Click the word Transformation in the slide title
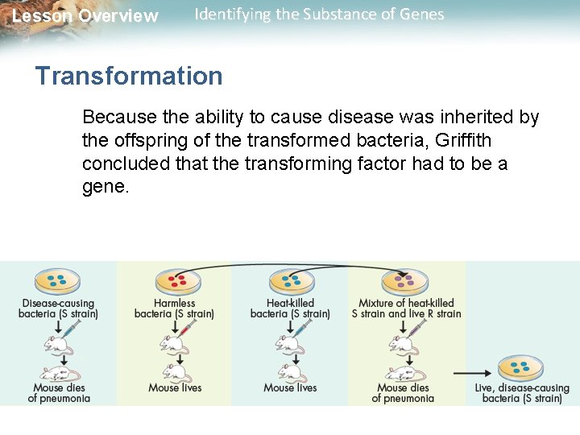click(129, 77)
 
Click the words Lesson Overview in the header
click(85, 16)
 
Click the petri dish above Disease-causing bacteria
click(57, 281)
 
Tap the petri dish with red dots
click(176, 281)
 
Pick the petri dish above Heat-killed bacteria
click(291, 281)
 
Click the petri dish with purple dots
click(405, 281)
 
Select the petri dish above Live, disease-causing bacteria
click(520, 368)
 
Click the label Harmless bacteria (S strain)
click(174, 309)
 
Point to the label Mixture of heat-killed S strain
click(406, 309)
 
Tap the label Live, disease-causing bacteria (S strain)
click(522, 393)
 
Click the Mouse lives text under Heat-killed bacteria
click(290, 388)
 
